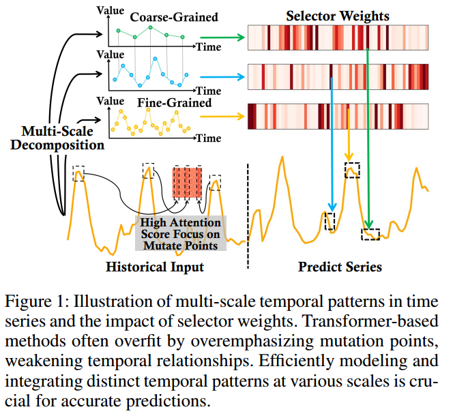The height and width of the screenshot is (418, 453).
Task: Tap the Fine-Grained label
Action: (x=174, y=103)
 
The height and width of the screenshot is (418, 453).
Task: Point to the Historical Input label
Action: (x=155, y=267)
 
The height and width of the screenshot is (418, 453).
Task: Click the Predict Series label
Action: (x=340, y=267)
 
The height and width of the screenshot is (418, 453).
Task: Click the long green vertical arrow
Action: (x=368, y=136)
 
